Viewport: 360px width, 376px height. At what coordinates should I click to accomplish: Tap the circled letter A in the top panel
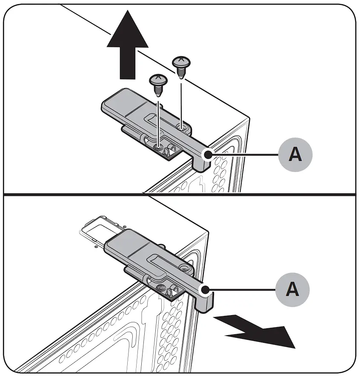[x=295, y=154]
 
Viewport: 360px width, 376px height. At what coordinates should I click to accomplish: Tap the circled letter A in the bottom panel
[x=292, y=290]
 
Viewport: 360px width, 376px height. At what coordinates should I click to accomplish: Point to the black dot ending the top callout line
[x=207, y=155]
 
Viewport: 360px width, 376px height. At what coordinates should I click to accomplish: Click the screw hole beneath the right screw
[x=181, y=126]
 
